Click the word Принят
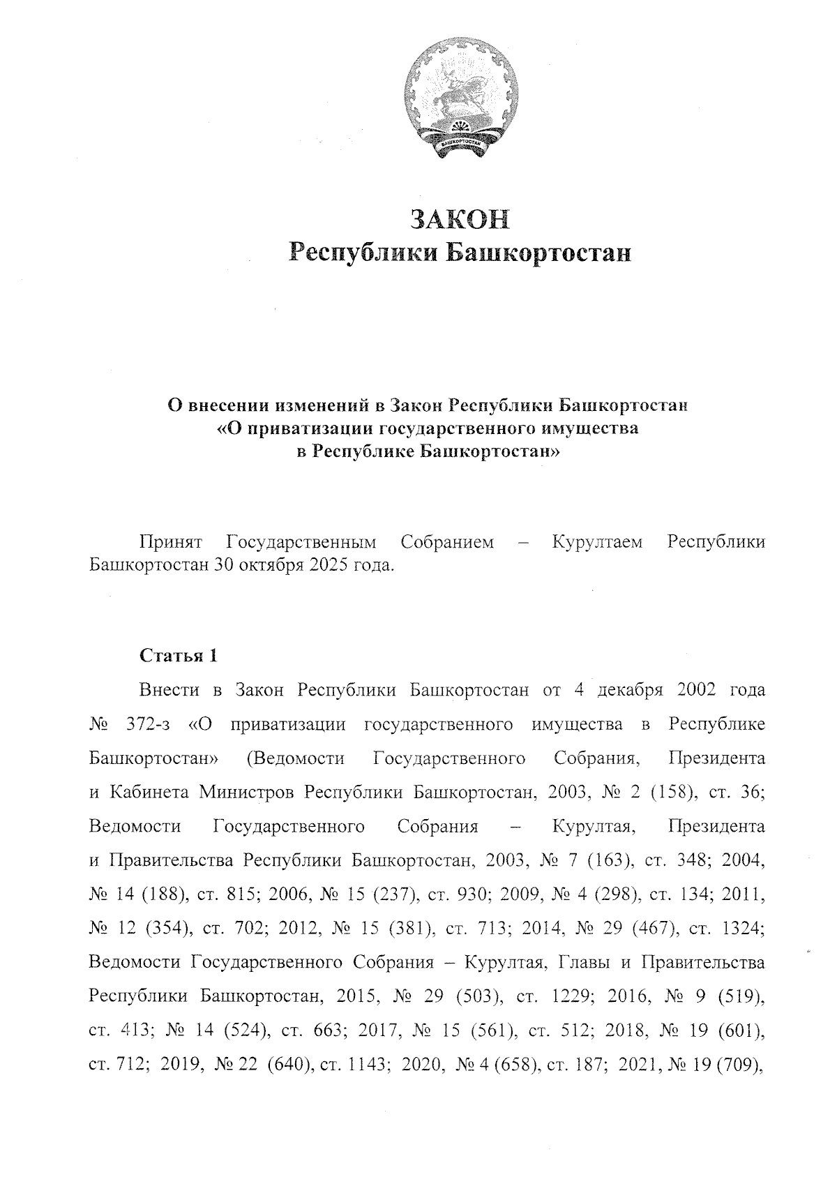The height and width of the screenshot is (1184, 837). (170, 542)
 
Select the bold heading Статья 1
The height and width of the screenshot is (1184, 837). (179, 656)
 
